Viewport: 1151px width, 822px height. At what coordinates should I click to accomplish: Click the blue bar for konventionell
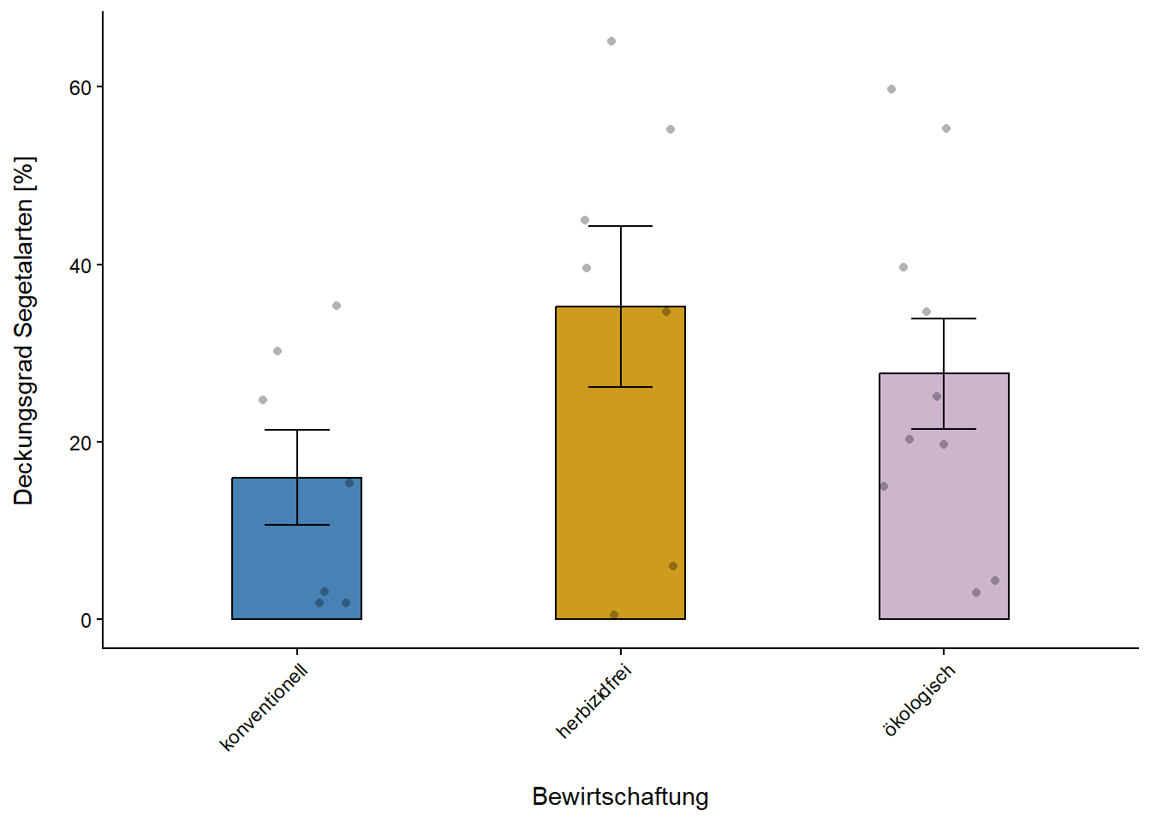click(296, 557)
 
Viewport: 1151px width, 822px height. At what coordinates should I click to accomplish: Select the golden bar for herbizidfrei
click(620, 479)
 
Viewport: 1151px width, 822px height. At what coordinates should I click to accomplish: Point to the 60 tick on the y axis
click(81, 87)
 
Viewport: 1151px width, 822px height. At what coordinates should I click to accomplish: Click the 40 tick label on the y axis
click(81, 265)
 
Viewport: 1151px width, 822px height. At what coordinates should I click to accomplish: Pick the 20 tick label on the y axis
click(81, 443)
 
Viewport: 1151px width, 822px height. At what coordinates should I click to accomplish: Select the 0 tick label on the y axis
click(86, 620)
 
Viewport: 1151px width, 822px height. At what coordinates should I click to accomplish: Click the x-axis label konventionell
click(264, 708)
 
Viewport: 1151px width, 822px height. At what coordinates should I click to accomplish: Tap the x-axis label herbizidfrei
click(593, 701)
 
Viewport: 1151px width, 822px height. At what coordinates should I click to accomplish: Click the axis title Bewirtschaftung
click(620, 796)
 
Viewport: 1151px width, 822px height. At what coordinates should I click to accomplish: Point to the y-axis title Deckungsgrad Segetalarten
click(24, 331)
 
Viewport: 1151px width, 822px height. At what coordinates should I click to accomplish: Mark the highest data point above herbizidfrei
click(611, 41)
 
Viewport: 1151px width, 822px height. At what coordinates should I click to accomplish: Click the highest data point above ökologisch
click(892, 89)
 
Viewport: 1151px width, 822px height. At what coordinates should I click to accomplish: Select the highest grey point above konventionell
click(337, 306)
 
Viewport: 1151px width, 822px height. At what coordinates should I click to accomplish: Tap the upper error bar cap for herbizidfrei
click(620, 226)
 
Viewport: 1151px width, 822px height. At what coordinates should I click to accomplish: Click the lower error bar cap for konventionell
click(296, 525)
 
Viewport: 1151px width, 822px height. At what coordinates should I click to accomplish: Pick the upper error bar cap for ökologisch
click(944, 319)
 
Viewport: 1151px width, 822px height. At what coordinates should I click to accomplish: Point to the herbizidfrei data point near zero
click(614, 615)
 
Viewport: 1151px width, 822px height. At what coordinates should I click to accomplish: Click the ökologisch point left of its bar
click(884, 486)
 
